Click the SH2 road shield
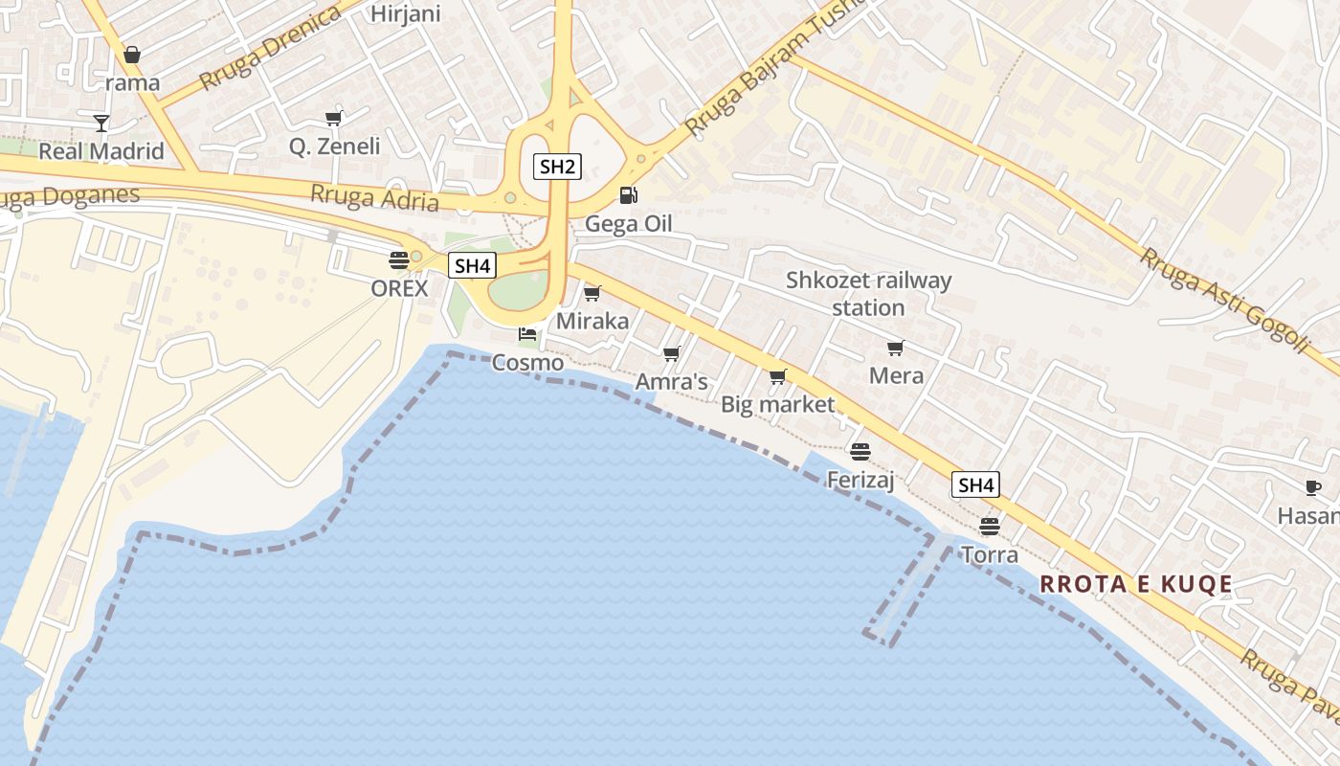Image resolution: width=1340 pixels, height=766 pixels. (x=557, y=167)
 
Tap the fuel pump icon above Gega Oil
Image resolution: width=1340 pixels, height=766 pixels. (x=629, y=195)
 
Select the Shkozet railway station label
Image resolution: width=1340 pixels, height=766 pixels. (x=869, y=294)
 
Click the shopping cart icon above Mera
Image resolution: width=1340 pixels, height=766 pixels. (x=896, y=348)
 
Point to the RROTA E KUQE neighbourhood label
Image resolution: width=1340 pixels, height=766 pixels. (x=1136, y=584)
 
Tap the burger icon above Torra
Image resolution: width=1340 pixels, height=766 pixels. (x=990, y=527)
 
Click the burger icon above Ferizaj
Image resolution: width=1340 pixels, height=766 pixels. (x=860, y=451)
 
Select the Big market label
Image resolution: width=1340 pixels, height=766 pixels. (x=778, y=404)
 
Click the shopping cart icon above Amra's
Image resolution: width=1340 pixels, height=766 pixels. (x=672, y=354)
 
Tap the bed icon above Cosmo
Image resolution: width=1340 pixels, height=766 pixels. (x=527, y=334)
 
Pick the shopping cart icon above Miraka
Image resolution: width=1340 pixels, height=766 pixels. (x=592, y=293)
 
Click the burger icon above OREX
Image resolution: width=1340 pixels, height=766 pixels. (x=399, y=259)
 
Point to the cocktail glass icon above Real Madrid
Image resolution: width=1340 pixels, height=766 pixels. (x=101, y=123)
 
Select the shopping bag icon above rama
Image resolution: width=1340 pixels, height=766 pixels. (x=132, y=54)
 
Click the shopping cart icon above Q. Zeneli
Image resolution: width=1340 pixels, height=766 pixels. (x=334, y=118)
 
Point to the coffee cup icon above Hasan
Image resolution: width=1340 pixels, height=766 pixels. (x=1313, y=487)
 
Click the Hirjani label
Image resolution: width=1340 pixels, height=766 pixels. (x=405, y=13)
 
